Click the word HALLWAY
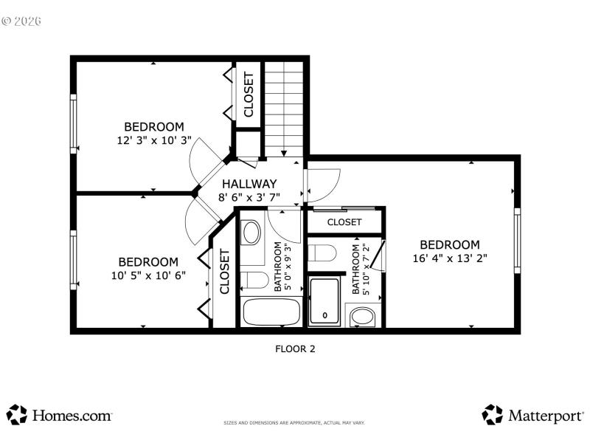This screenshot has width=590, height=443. pyautogui.click(x=249, y=184)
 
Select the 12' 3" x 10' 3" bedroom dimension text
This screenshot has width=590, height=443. pyautogui.click(x=153, y=140)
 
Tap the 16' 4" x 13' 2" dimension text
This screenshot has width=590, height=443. pyautogui.click(x=450, y=258)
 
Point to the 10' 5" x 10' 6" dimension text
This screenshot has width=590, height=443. pyautogui.click(x=148, y=275)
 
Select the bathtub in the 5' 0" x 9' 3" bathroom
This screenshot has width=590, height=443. pyautogui.click(x=271, y=312)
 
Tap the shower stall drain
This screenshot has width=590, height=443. pyautogui.click(x=324, y=316)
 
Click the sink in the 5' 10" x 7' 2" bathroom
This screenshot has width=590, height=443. pyautogui.click(x=362, y=317)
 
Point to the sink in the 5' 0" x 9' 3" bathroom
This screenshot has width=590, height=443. pyautogui.click(x=251, y=233)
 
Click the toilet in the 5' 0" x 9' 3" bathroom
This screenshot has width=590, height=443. pyautogui.click(x=254, y=281)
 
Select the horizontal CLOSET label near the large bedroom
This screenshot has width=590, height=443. pyautogui.click(x=344, y=221)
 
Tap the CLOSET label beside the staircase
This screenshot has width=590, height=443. pyautogui.click(x=249, y=95)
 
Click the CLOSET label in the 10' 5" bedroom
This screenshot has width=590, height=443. pyautogui.click(x=224, y=272)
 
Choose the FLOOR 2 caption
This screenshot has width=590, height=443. pyautogui.click(x=294, y=348)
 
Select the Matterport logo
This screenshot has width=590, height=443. pyautogui.click(x=532, y=415)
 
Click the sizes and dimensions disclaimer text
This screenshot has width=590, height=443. pyautogui.click(x=294, y=423)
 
